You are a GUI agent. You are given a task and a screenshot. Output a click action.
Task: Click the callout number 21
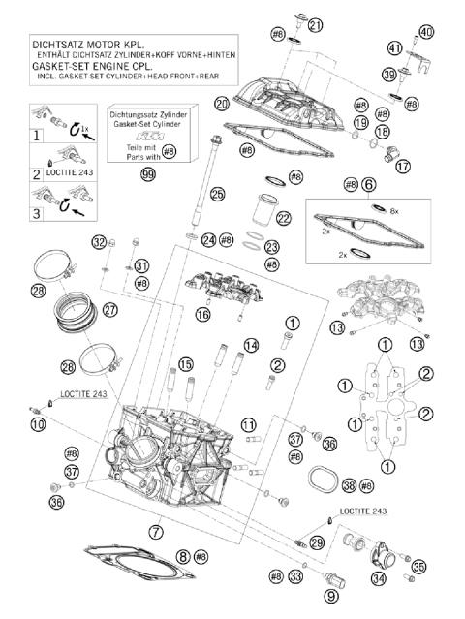point(315,24)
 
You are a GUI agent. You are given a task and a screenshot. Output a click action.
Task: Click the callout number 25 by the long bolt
point(218,195)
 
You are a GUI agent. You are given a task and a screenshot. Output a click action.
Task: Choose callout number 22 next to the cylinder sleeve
point(284,218)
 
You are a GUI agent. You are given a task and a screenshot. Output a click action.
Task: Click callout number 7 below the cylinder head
point(156,531)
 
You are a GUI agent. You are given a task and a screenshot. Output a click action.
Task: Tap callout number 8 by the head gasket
point(184,557)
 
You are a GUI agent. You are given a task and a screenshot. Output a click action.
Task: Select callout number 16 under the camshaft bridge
point(202,313)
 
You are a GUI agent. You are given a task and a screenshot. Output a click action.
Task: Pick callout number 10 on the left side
point(38,423)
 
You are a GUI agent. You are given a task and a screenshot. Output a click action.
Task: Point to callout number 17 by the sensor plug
point(402,166)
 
